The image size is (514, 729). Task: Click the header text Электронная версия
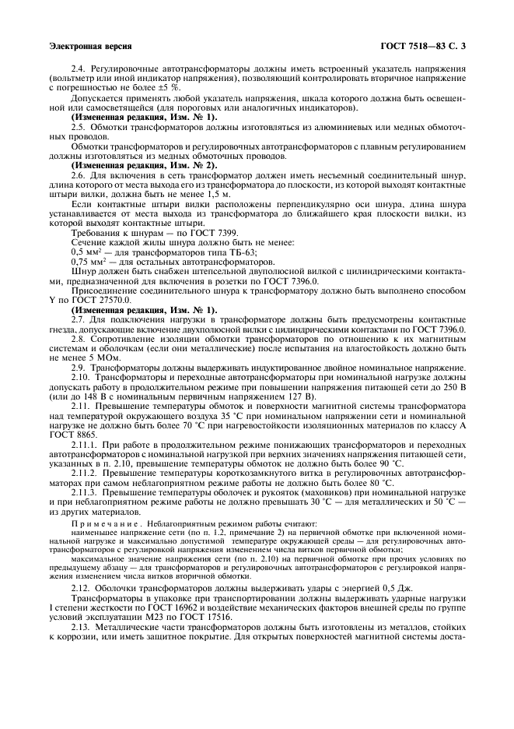pyautogui.click(x=89, y=47)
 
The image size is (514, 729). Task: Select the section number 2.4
pyautogui.click(x=79, y=69)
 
